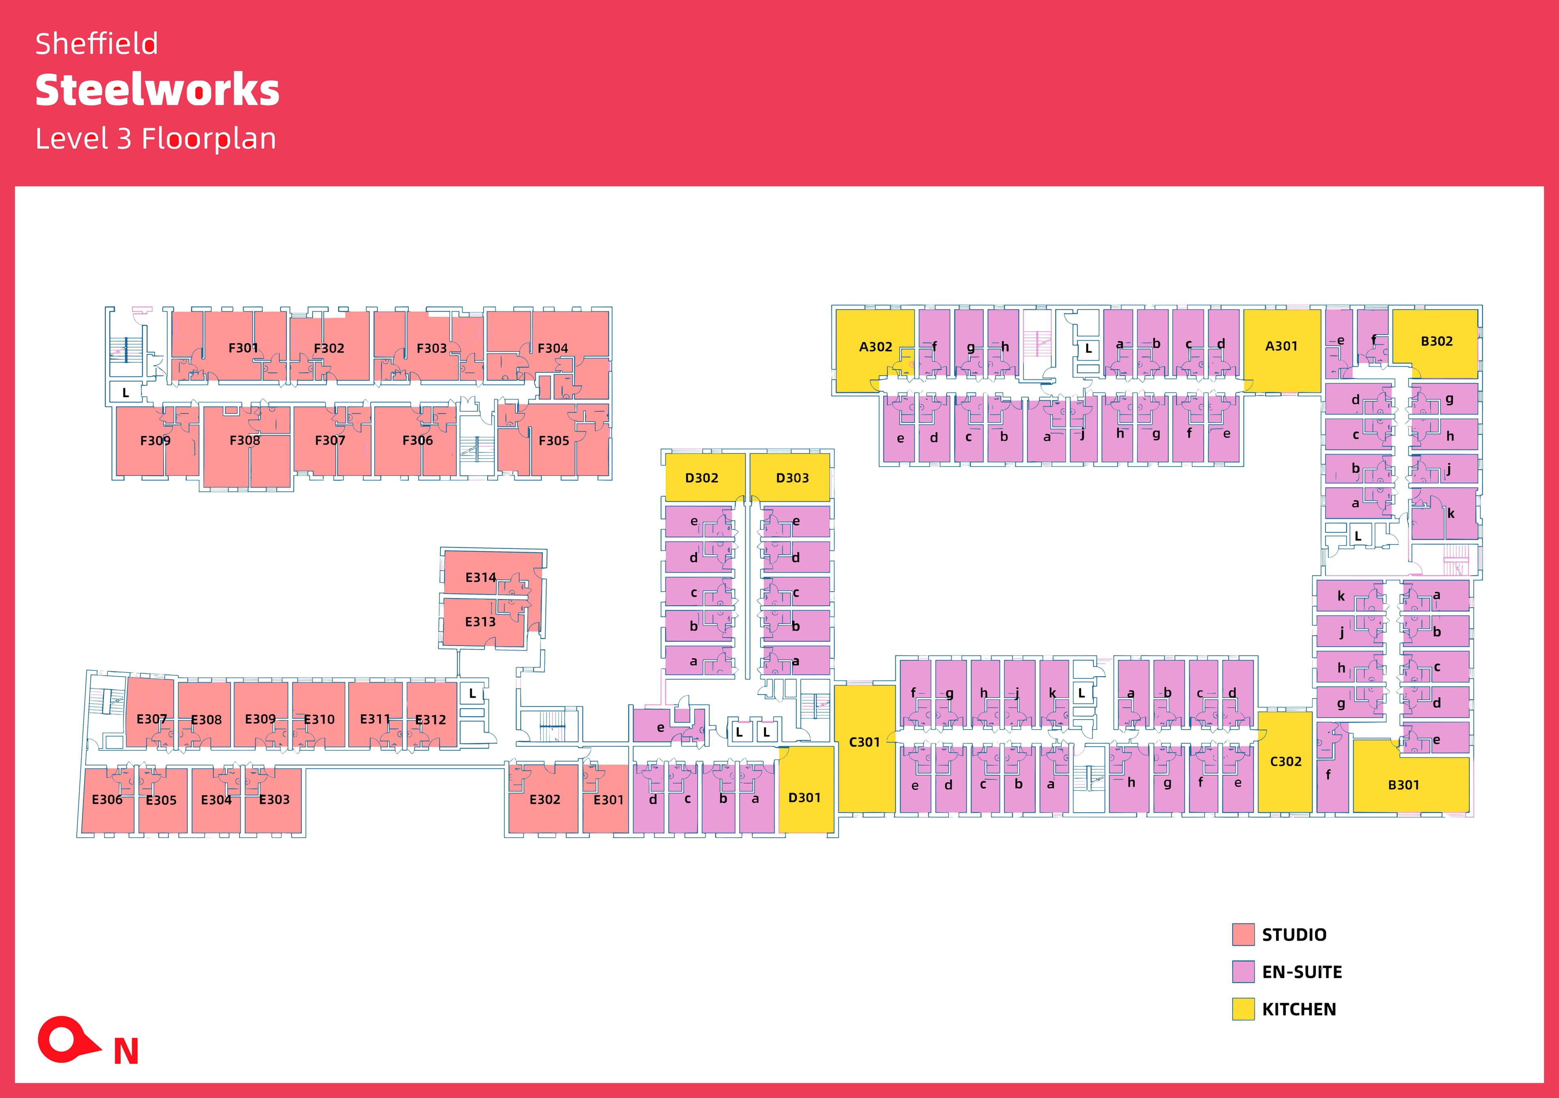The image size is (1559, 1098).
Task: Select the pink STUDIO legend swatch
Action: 1243,934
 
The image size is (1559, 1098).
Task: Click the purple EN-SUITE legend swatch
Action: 1243,972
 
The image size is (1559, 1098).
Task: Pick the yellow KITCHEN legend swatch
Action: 1243,1009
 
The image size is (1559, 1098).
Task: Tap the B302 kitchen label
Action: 1436,341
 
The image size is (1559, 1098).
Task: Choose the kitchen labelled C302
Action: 1285,761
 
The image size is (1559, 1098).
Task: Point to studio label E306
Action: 107,799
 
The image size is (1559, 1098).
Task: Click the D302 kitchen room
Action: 702,478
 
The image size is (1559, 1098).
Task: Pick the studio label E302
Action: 544,799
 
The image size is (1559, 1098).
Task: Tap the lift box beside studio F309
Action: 125,393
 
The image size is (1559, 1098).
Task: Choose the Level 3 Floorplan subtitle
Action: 155,138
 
